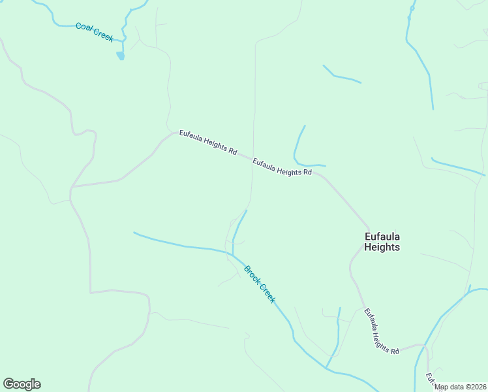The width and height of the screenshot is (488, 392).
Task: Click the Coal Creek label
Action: (95, 31)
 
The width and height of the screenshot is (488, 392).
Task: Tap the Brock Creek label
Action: (260, 284)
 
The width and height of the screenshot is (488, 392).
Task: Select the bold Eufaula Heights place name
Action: (382, 242)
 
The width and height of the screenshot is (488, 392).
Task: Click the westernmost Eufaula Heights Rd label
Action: (208, 142)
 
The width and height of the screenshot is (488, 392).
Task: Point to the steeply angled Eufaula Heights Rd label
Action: (380, 331)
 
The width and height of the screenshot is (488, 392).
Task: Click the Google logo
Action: (22, 384)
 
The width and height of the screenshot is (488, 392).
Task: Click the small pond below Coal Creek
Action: (120, 56)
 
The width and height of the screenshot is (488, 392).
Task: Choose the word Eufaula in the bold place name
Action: (382, 236)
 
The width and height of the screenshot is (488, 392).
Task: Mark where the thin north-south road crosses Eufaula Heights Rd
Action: (252, 159)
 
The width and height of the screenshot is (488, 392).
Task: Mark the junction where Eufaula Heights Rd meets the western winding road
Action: (71, 187)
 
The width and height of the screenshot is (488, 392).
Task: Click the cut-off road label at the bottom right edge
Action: (431, 379)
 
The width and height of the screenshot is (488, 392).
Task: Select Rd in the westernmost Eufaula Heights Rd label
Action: (233, 151)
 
